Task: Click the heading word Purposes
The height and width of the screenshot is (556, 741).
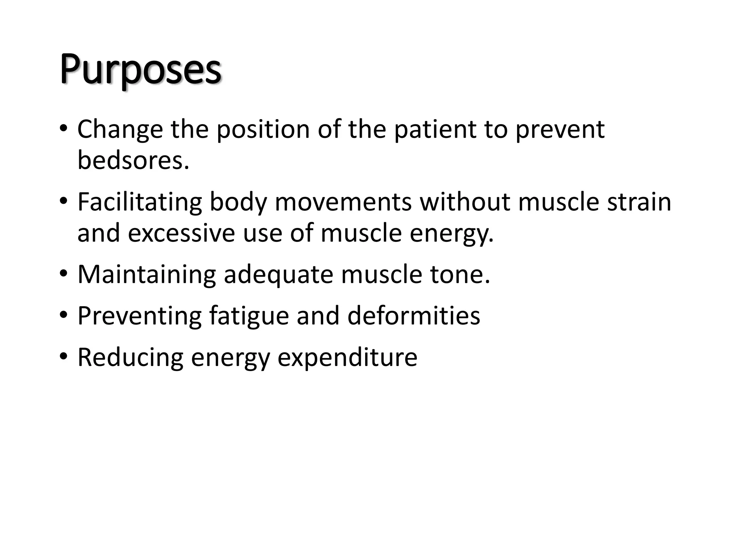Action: coord(140,69)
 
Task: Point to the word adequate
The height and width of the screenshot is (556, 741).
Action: coord(278,275)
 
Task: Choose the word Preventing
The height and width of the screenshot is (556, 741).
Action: coord(139,316)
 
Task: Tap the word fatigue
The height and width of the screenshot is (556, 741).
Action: coord(249,316)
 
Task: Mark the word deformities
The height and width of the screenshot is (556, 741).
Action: coord(414,316)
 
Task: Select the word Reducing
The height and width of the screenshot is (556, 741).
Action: coord(130,358)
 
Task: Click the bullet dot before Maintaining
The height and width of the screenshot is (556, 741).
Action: coord(64,274)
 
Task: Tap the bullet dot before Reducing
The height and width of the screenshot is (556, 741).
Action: coord(64,357)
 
